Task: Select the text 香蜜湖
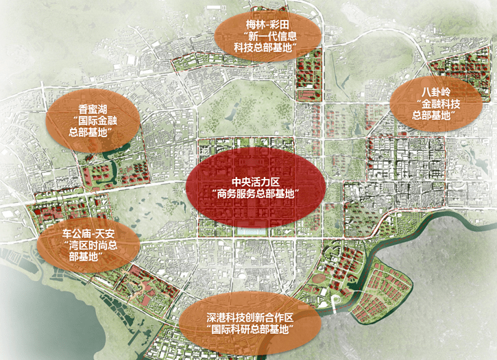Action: pos(91,108)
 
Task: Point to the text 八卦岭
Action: pos(437,91)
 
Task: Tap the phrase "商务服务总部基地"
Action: pos(256,194)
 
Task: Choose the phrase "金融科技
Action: pos(437,104)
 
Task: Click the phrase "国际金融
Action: pos(91,120)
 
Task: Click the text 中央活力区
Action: pos(256,182)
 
